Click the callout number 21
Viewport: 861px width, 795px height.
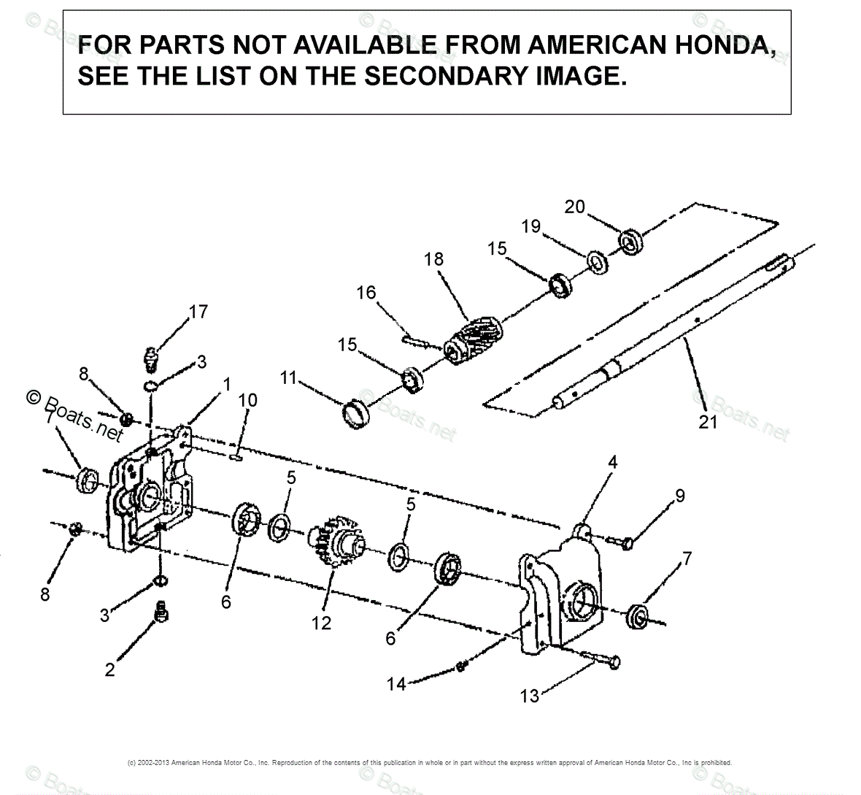[708, 422]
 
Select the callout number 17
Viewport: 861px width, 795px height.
[198, 312]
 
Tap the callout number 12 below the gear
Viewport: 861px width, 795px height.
[321, 623]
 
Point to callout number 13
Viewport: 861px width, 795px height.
[529, 696]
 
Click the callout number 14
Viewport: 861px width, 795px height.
[396, 684]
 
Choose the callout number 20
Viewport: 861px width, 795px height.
[574, 207]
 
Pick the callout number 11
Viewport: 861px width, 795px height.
[288, 377]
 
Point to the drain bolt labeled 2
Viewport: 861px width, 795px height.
[161, 612]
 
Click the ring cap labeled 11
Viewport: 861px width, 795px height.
[358, 413]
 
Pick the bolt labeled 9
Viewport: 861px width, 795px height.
[621, 542]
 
